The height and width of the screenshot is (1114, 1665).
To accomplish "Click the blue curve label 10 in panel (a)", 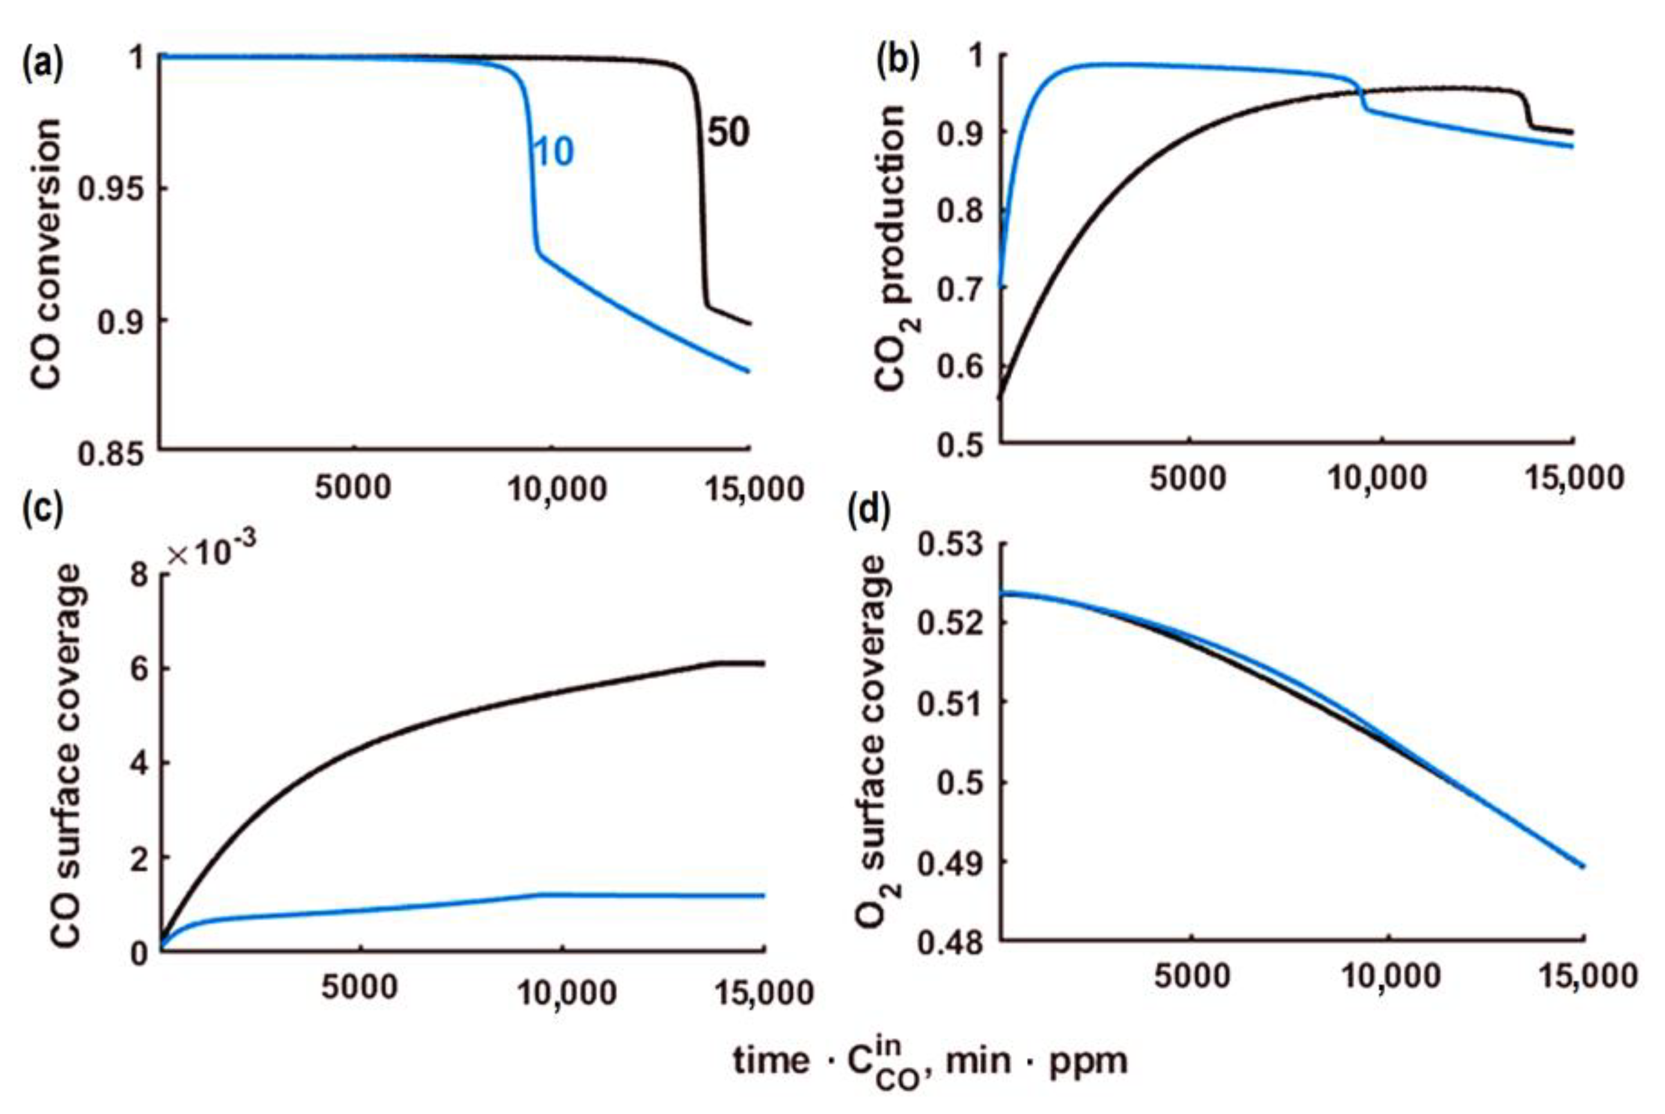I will point(553,152).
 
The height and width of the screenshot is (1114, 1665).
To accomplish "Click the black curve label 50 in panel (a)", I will point(728,133).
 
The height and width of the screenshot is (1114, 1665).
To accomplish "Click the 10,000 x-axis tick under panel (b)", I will point(1377,479).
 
